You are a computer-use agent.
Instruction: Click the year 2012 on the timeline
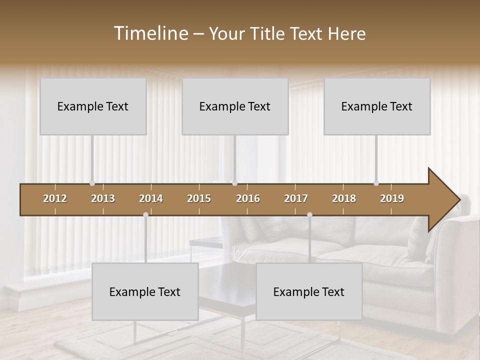pos(55,198)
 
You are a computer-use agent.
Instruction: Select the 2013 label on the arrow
pos(103,198)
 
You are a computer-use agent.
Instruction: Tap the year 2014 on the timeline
pos(151,198)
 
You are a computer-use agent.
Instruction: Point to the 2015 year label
pos(199,198)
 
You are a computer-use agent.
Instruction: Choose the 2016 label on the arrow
pos(248,198)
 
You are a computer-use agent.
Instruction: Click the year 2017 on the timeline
pos(296,198)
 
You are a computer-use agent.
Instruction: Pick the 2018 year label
pos(344,198)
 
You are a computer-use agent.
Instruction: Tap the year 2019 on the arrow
pos(392,198)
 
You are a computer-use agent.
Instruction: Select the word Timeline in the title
pos(150,33)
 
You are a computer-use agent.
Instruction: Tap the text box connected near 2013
pos(93,106)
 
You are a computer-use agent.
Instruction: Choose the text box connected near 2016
pos(235,106)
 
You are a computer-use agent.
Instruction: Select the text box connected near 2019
pos(377,106)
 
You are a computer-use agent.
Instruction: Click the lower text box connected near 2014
pos(145,291)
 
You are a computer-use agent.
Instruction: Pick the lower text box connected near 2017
pos(309,291)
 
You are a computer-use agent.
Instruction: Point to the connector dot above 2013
pos(92,183)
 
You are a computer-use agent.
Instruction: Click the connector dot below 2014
pos(145,214)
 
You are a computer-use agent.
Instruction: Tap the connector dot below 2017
pos(309,214)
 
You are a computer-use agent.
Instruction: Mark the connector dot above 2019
pos(376,183)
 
